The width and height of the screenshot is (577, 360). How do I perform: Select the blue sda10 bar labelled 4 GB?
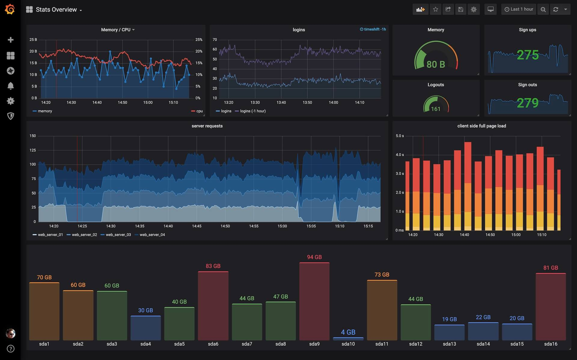348,339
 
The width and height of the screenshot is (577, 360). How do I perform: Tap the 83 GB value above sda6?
213,266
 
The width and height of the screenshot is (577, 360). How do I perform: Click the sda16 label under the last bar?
551,344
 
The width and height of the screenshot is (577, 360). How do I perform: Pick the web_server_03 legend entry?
118,235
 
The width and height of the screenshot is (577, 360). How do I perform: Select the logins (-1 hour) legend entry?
252,111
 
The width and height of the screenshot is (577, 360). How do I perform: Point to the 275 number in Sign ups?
527,55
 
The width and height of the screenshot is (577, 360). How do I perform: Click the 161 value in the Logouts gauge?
435,109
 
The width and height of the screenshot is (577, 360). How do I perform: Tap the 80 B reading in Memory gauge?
435,64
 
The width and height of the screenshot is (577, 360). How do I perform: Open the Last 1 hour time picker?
519,9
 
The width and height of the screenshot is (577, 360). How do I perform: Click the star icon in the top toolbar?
435,9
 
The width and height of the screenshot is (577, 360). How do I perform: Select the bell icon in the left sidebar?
11,86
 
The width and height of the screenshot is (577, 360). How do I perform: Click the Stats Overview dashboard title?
56,10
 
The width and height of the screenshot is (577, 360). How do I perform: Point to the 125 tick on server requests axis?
33,150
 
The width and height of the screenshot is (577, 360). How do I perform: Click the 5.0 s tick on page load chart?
400,136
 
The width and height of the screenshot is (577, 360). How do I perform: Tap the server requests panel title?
207,126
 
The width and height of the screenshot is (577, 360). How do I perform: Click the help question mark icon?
11,349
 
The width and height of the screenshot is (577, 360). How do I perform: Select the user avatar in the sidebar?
11,333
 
